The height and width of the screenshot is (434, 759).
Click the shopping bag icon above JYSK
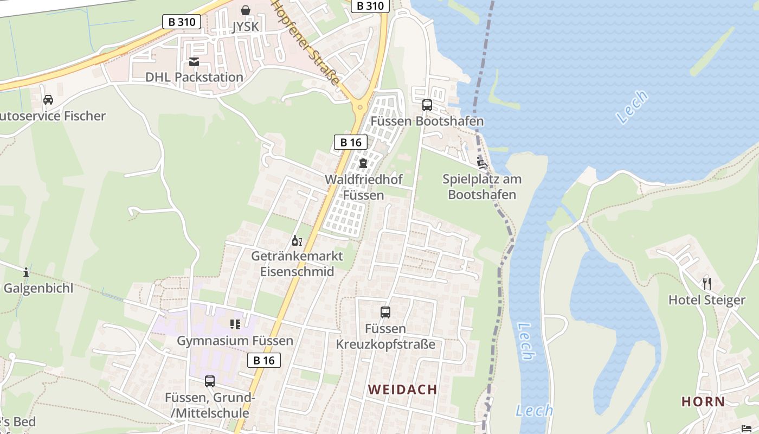pyautogui.click(x=246, y=10)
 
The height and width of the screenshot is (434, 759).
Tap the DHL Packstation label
pyautogui.click(x=194, y=77)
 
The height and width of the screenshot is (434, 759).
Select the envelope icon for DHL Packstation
pyautogui.click(x=194, y=62)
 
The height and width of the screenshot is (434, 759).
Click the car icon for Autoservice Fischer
pyautogui.click(x=48, y=100)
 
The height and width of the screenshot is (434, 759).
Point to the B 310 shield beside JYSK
pyautogui.click(x=182, y=22)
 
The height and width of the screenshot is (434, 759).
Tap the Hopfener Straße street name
pyautogui.click(x=306, y=42)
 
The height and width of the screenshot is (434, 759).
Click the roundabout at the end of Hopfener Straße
pyautogui.click(x=359, y=107)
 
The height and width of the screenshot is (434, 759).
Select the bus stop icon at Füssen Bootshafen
pyautogui.click(x=427, y=105)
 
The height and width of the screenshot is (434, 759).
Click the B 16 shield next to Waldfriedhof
pyautogui.click(x=350, y=143)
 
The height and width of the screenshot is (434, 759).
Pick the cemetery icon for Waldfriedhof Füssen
pyautogui.click(x=363, y=163)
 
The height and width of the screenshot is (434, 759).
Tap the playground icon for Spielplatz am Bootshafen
pyautogui.click(x=481, y=162)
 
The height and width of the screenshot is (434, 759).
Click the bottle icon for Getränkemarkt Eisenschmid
pyautogui.click(x=297, y=240)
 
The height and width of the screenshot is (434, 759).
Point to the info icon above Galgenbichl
pyautogui.click(x=25, y=272)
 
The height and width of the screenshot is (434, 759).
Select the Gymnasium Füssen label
pyautogui.click(x=235, y=341)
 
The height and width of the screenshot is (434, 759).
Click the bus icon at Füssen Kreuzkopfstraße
pyautogui.click(x=385, y=312)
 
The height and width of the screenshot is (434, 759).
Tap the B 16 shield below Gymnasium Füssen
pyautogui.click(x=264, y=360)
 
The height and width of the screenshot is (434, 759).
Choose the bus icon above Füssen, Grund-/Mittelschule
pyautogui.click(x=210, y=381)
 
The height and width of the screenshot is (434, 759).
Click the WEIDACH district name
pyautogui.click(x=402, y=390)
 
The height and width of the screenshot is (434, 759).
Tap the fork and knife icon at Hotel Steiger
pyautogui.click(x=706, y=283)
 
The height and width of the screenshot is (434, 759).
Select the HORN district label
pyautogui.click(x=703, y=401)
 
